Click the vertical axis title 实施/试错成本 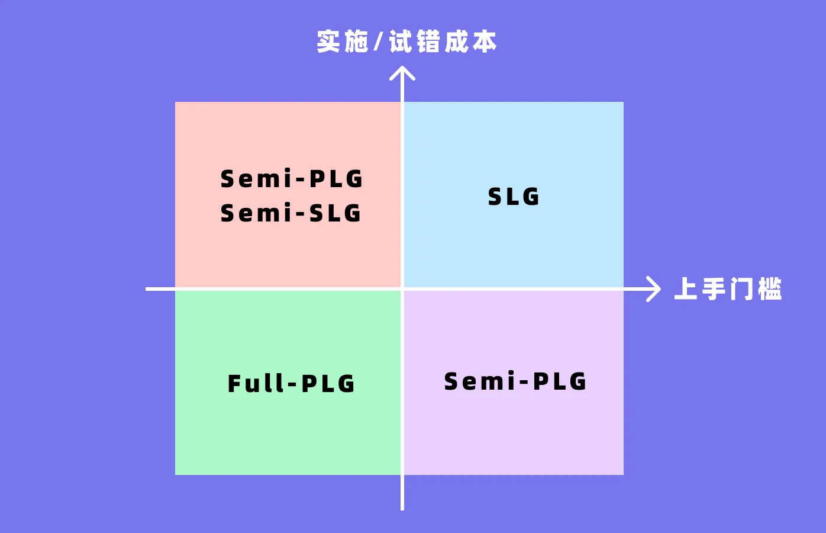coord(406,42)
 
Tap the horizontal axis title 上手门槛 coord(728,289)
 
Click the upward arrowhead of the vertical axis coord(402,72)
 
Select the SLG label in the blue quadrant coord(514,197)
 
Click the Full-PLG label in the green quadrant coord(291,384)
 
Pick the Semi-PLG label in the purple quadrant coord(515,381)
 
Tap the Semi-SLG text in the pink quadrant coord(291,213)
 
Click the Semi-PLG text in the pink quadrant coord(292,179)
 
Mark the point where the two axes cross coord(402,289)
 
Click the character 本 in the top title coord(485,42)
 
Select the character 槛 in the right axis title coord(769,289)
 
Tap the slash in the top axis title coord(379,42)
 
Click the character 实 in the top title coord(328,42)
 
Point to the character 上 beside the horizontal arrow coord(686,289)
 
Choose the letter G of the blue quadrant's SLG coord(531,197)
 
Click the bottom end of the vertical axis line coord(402,508)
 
